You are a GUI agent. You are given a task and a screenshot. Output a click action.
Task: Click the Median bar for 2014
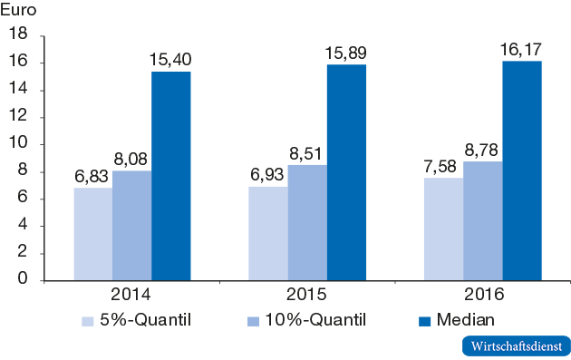coord(170,176)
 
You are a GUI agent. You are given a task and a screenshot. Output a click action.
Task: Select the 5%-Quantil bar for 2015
coord(268,233)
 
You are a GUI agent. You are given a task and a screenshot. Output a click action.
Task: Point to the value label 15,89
coord(346,53)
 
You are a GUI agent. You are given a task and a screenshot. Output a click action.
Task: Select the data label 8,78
coord(482,150)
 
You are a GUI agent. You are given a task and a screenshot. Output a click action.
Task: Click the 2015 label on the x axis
coord(307,296)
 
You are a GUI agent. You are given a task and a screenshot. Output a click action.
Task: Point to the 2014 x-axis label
coord(131,296)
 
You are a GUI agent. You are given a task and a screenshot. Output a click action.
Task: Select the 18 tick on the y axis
coord(21,35)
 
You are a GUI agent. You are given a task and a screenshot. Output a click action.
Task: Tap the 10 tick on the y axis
coord(21,144)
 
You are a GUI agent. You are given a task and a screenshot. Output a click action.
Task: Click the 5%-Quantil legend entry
coord(140,319)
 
